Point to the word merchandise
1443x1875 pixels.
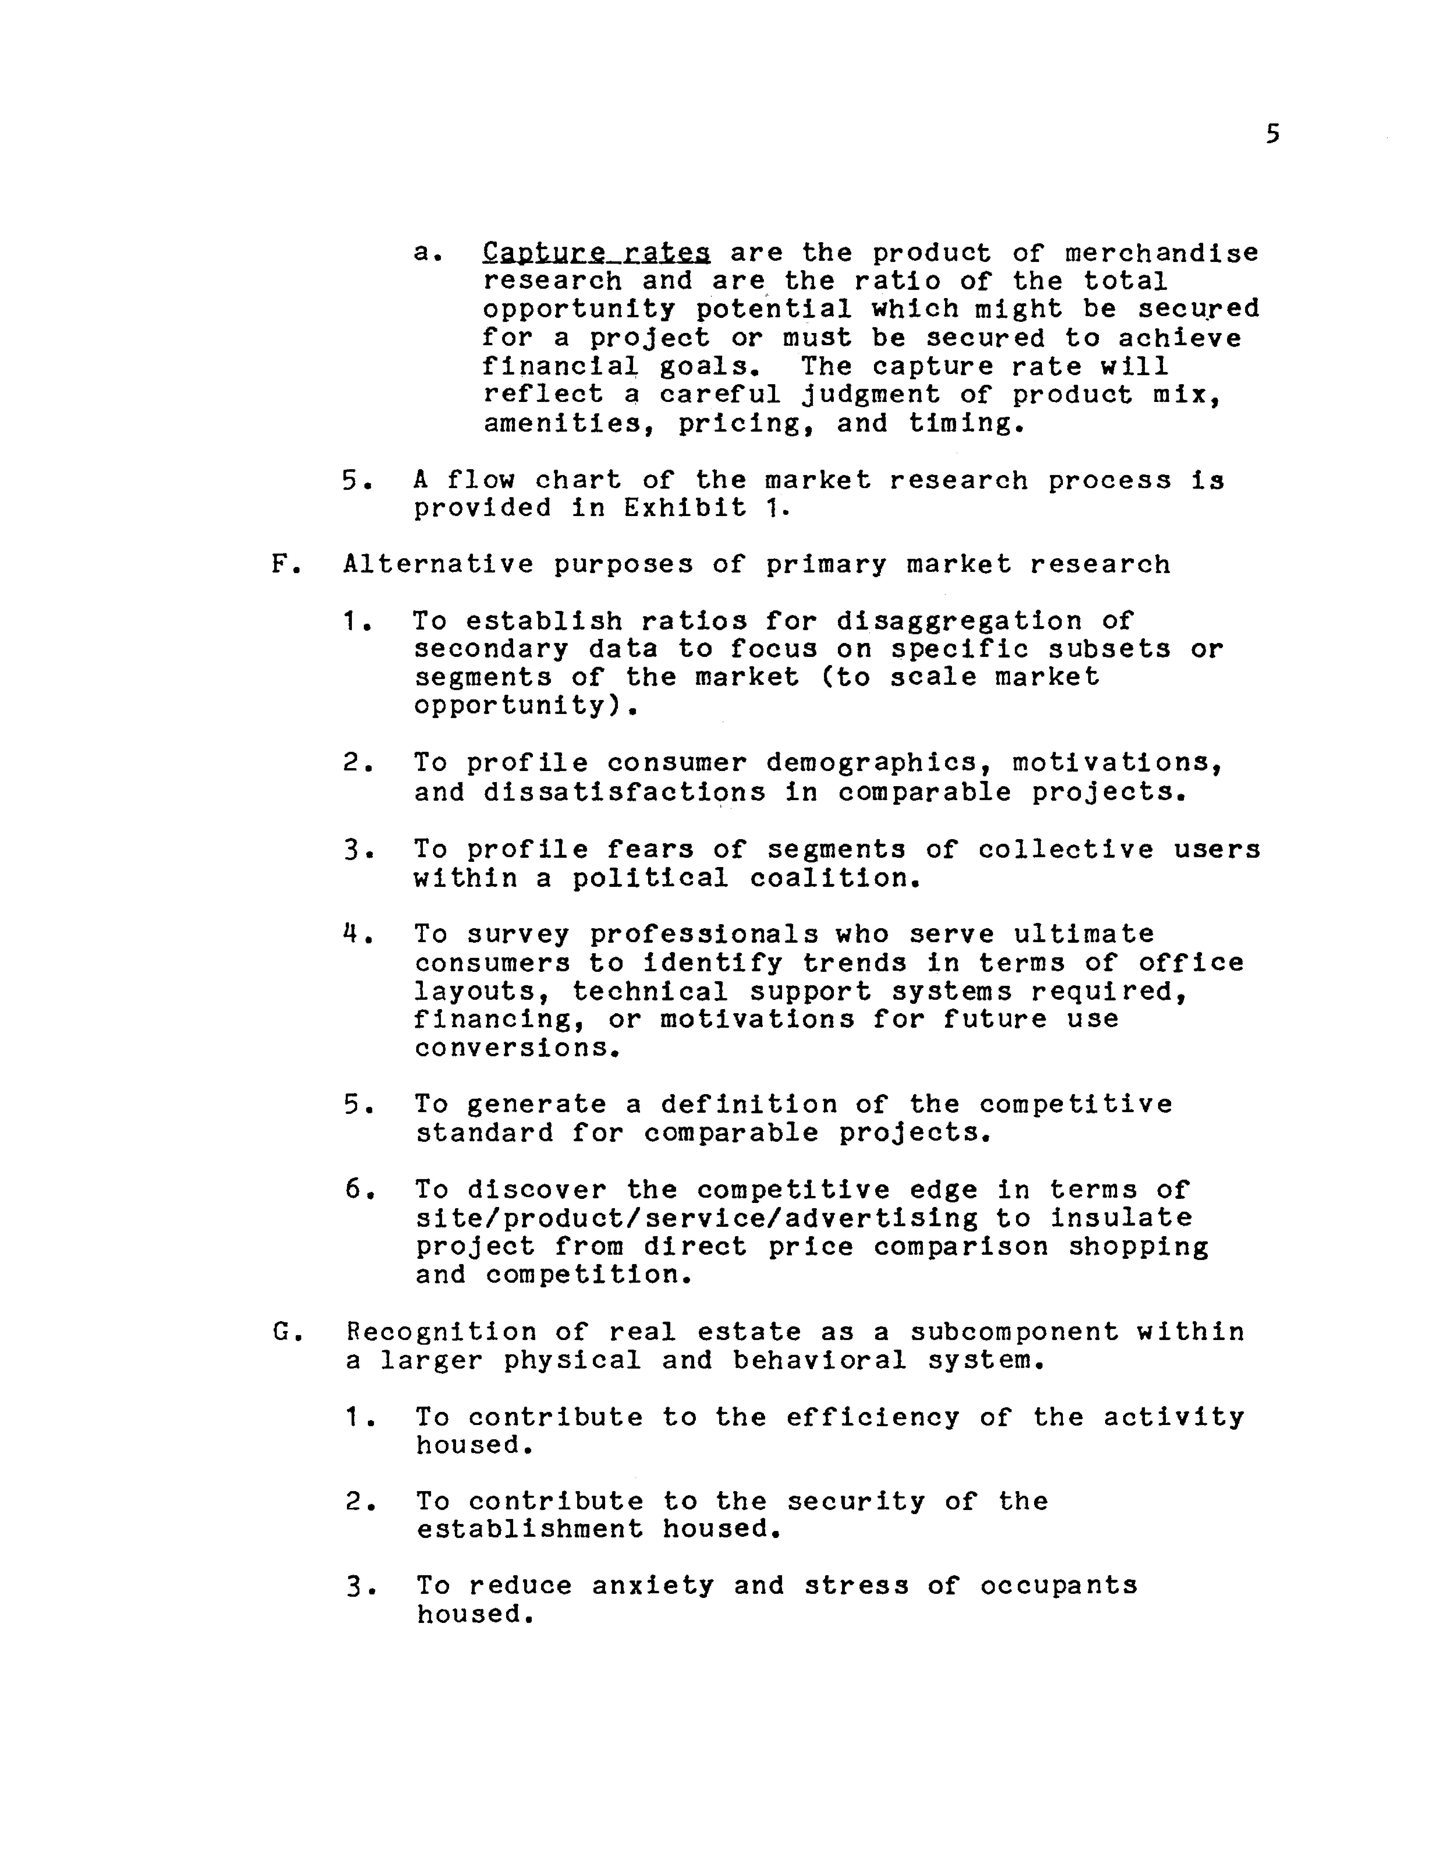[1162, 252]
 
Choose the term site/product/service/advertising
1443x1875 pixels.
[696, 1217]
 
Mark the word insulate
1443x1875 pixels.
[1121, 1217]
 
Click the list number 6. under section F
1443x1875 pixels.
[356, 1190]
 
